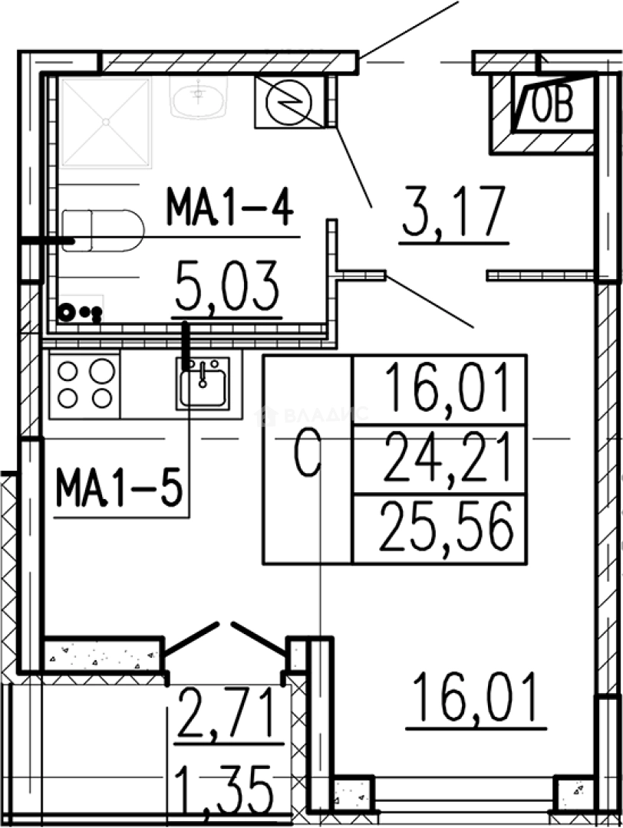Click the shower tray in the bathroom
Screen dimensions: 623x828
tap(106, 123)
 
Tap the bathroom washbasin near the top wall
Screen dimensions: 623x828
tap(199, 97)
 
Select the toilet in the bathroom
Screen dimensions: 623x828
tap(103, 231)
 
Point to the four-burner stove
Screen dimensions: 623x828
tap(85, 384)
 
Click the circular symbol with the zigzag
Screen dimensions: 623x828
tap(289, 103)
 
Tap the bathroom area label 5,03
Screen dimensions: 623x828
tap(226, 287)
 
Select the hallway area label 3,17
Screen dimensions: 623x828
tap(454, 212)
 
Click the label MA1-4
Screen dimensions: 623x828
tap(230, 207)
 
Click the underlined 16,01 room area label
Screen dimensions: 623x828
tap(475, 699)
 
